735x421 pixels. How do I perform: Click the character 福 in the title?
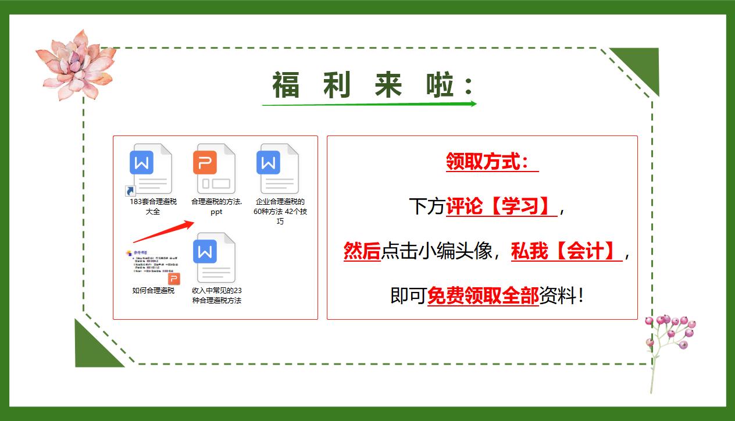coord(286,85)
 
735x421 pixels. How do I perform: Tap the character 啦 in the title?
coord(440,85)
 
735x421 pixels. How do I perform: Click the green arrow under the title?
coord(369,104)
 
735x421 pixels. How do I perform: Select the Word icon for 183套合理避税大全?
coord(151,168)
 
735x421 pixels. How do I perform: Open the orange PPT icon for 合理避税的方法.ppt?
coord(214,168)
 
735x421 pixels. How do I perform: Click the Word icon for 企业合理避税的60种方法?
coord(277,168)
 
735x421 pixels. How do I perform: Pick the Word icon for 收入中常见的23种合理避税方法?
coord(214,256)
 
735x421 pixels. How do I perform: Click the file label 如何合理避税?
coord(154,290)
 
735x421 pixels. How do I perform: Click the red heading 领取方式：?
coord(492,162)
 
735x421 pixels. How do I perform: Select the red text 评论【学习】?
coord(501,206)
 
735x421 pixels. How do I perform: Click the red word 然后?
coord(362,251)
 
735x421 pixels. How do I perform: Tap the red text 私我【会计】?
coord(566,251)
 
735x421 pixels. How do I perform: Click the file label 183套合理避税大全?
coord(153,207)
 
